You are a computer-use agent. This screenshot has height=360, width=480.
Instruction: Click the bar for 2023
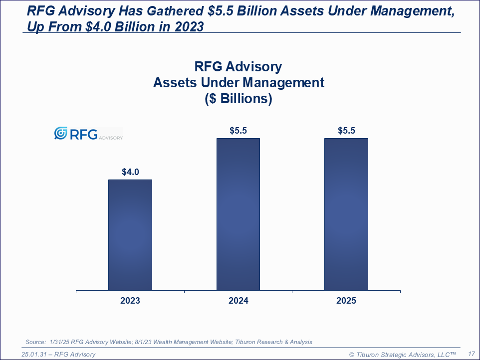pyautogui.click(x=130, y=235)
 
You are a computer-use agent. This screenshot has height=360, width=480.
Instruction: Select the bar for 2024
pyautogui.click(x=238, y=214)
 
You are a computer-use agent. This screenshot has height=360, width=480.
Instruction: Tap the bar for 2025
pyautogui.click(x=346, y=214)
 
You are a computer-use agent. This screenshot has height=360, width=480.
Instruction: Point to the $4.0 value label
pyautogui.click(x=130, y=172)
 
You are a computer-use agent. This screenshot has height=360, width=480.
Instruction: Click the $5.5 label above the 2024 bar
pyautogui.click(x=238, y=131)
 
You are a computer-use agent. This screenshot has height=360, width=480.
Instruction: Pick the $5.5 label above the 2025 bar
pyautogui.click(x=346, y=131)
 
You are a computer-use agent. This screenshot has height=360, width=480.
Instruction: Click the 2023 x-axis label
pyautogui.click(x=130, y=301)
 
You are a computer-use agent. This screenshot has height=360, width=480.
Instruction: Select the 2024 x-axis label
pyautogui.click(x=238, y=301)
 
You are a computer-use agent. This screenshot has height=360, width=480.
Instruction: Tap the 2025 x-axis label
pyautogui.click(x=346, y=301)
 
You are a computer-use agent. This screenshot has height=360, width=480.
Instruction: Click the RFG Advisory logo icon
pyautogui.click(x=60, y=133)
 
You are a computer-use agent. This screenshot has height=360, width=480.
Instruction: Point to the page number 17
pyautogui.click(x=471, y=354)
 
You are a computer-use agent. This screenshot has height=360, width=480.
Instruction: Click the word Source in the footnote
pyautogui.click(x=35, y=342)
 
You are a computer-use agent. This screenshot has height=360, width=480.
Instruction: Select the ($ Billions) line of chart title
pyautogui.click(x=239, y=99)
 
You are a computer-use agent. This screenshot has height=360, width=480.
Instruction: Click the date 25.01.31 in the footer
pyautogui.click(x=35, y=355)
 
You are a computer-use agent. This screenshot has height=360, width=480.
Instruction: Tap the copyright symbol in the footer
pyautogui.click(x=351, y=355)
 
